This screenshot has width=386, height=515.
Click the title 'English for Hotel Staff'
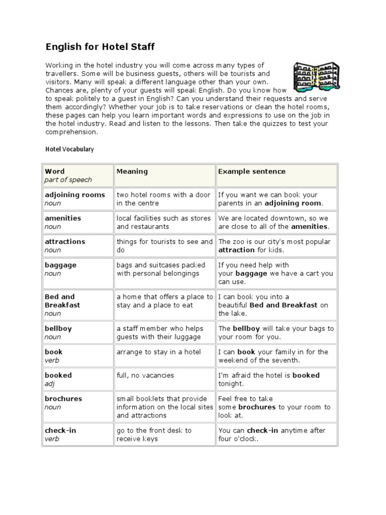pos(100,47)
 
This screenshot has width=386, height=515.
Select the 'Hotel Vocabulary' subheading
pos(69,149)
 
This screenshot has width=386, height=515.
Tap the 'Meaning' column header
pos(132,171)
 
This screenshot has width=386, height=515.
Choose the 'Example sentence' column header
pos(251,171)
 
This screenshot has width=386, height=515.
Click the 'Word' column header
pos(55,171)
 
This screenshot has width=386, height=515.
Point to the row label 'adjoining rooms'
pos(75,195)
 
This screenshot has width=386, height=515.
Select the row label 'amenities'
pos(63,218)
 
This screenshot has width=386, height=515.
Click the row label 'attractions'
pos(65,241)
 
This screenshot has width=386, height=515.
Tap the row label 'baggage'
pos(60,265)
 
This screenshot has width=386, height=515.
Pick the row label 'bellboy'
pos(58,328)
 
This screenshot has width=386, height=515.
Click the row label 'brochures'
pos(64,398)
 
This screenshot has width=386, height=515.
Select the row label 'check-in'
pos(60,431)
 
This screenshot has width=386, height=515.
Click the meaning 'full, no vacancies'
pos(145,375)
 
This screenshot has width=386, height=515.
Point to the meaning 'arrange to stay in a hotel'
pos(159,352)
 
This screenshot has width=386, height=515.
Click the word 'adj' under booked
pos(50,384)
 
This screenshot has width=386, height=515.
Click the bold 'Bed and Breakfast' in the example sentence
pos(283,305)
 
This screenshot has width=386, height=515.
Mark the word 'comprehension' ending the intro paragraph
pos(70,132)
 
